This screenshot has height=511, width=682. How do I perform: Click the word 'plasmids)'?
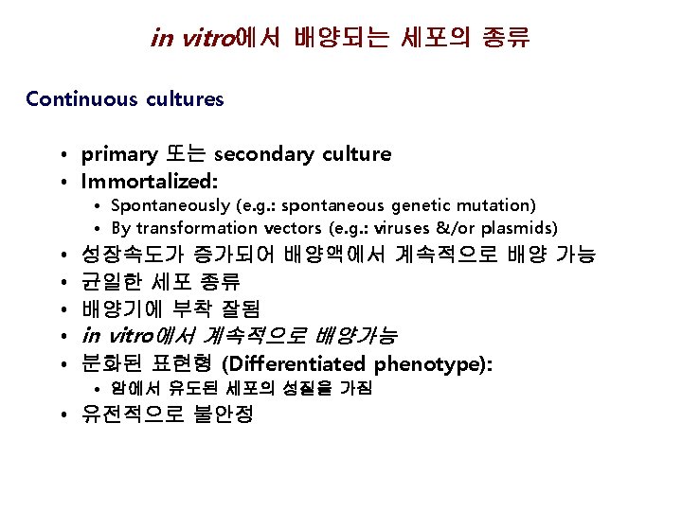tap(521, 228)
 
